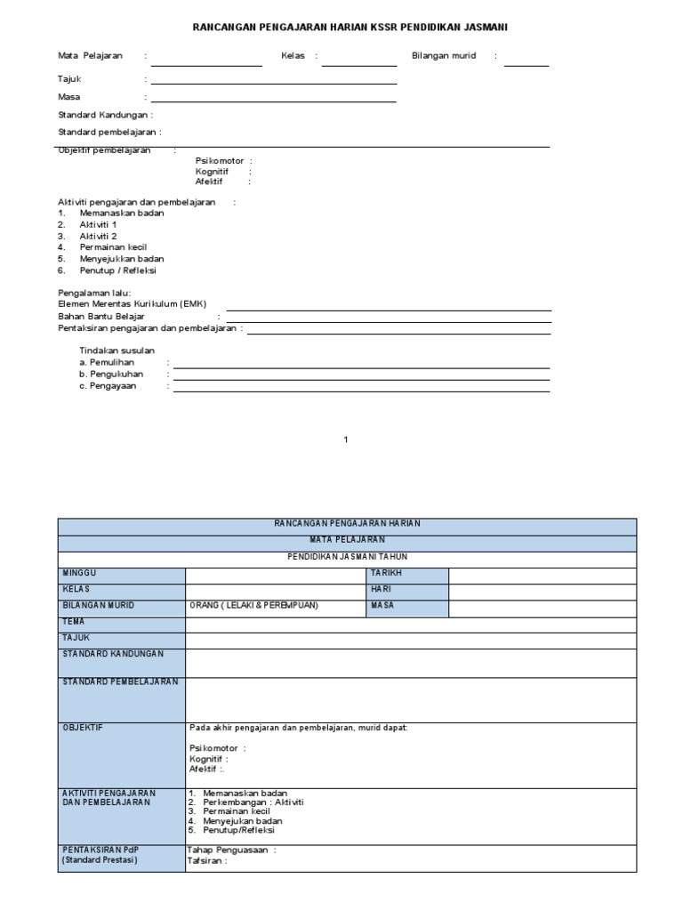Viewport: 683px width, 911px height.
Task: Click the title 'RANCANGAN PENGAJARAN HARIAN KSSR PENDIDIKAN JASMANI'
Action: [x=351, y=28]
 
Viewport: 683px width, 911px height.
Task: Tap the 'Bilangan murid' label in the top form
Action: [x=444, y=55]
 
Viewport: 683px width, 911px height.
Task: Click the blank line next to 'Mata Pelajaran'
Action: [x=206, y=62]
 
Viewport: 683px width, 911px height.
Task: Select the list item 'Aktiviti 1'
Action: [x=98, y=225]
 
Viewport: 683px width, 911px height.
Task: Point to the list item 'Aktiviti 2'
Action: [x=98, y=237]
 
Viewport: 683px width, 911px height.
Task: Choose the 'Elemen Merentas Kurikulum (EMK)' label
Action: [x=132, y=303]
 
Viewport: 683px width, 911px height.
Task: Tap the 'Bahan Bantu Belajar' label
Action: [x=100, y=316]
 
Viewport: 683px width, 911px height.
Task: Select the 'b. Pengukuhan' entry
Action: [x=111, y=375]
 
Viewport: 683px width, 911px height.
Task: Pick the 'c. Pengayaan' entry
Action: [x=108, y=386]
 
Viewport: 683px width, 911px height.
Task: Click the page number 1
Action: [x=346, y=439]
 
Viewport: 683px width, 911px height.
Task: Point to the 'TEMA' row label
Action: [x=73, y=622]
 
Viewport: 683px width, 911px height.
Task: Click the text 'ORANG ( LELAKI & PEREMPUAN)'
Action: [x=253, y=606]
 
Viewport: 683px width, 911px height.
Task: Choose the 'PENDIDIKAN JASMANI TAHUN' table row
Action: [x=347, y=556]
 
